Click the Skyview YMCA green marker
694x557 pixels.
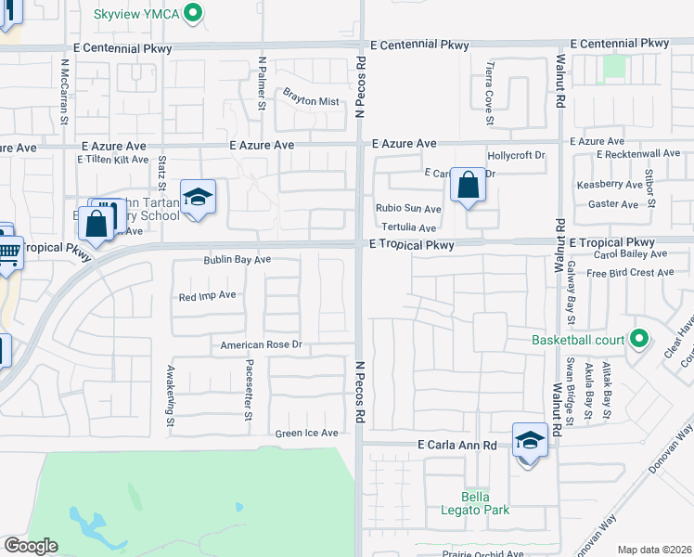(x=194, y=14)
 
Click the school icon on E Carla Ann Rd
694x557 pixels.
(x=529, y=440)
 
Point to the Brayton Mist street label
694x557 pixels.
(x=311, y=102)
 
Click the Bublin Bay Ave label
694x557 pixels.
(x=238, y=260)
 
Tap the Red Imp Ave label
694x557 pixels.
(x=208, y=296)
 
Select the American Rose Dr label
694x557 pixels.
(x=262, y=345)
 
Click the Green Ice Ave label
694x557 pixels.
(x=306, y=434)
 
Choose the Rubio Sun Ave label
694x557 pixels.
(x=408, y=209)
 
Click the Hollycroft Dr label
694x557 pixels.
(x=516, y=155)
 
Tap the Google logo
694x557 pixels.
(x=31, y=546)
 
